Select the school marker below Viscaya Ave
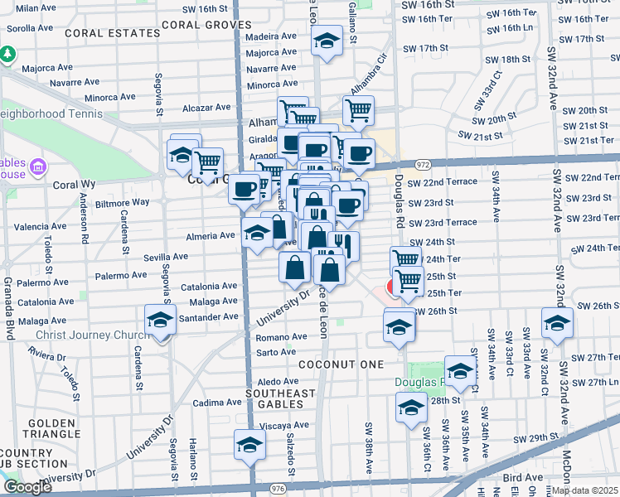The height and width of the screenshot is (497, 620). (249, 446)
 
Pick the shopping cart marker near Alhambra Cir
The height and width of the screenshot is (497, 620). (358, 110)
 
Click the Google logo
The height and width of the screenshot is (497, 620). (27, 487)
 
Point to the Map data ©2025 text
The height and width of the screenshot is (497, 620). (584, 490)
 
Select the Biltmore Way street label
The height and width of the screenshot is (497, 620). (122, 202)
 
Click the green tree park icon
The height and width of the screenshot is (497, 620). (8, 54)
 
